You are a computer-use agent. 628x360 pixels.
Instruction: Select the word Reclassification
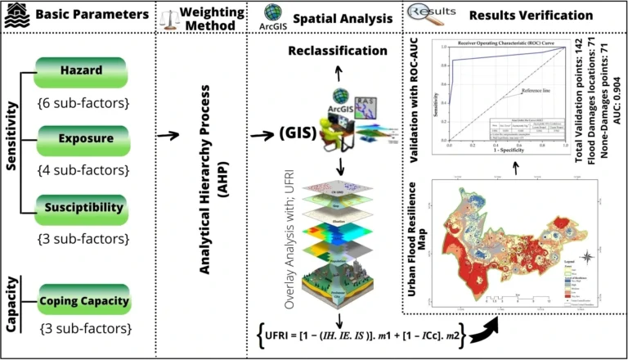click(337, 52)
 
